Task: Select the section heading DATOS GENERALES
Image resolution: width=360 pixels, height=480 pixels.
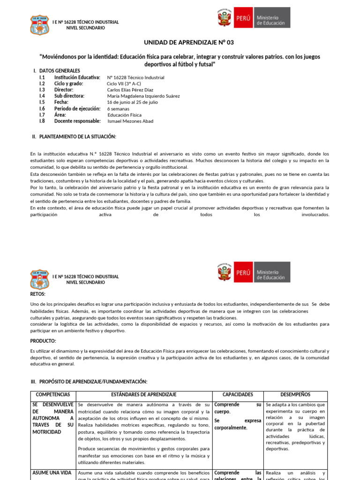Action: (59, 71)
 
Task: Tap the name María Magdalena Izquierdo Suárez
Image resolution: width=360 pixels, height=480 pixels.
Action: (143, 96)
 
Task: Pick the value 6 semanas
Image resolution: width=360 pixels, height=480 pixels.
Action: (119, 109)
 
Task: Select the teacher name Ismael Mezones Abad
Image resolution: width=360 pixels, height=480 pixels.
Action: (130, 121)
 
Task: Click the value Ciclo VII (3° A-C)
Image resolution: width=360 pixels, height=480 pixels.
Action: (124, 84)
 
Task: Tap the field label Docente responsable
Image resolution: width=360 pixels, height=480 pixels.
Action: (77, 121)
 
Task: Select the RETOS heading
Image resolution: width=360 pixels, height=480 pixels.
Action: (38, 294)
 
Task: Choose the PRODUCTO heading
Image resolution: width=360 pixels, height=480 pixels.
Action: (43, 341)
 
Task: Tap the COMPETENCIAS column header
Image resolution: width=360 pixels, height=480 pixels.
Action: (53, 395)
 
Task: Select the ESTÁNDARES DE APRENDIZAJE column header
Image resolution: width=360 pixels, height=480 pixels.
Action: (144, 395)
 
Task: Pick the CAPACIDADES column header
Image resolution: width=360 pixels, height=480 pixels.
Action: (238, 395)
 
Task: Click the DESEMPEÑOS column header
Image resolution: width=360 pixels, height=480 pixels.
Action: (295, 395)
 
